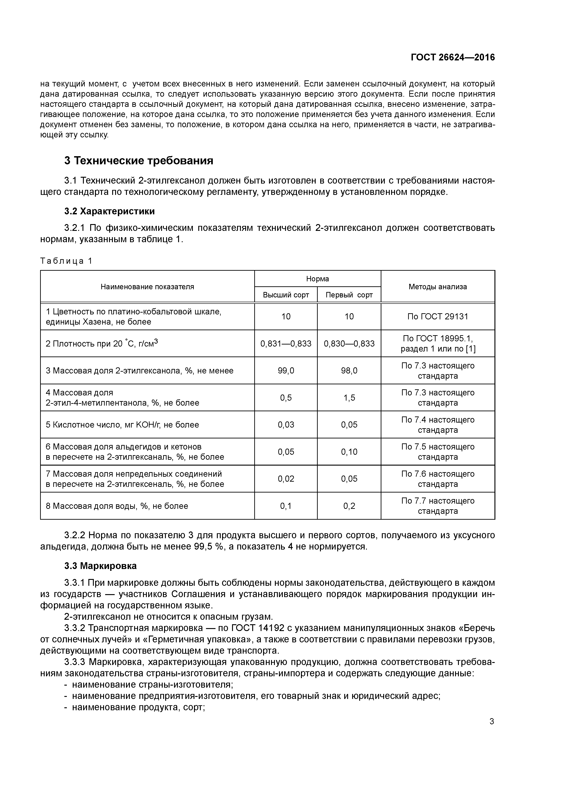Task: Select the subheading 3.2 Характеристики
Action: click(x=109, y=211)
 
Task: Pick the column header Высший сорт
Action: click(x=286, y=295)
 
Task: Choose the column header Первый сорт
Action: click(x=349, y=295)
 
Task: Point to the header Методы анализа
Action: click(x=438, y=287)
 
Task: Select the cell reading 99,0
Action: click(x=286, y=371)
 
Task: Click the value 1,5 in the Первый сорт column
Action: click(x=349, y=398)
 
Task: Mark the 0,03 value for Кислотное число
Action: click(x=286, y=425)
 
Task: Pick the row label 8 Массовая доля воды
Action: click(x=117, y=506)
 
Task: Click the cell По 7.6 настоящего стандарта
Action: click(x=438, y=479)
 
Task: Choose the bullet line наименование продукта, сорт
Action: click(x=138, y=708)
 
